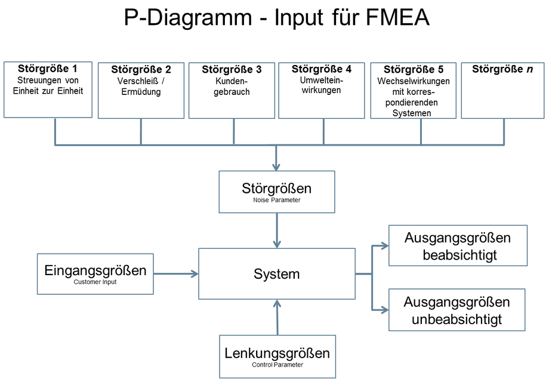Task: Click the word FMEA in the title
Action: [x=397, y=17]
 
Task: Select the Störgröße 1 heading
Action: [x=48, y=68]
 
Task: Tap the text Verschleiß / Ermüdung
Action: [x=141, y=86]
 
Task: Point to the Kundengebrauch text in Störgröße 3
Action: [x=232, y=86]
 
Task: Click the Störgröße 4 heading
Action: [x=322, y=69]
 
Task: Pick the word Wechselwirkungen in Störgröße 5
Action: [x=413, y=81]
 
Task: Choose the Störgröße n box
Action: [x=503, y=90]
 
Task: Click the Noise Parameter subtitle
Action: [x=277, y=200]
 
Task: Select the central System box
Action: [x=277, y=274]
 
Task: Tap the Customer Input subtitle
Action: [x=95, y=282]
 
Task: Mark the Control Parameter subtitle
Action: [x=277, y=365]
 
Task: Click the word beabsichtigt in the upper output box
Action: [x=459, y=255]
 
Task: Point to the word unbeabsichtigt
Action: [x=457, y=319]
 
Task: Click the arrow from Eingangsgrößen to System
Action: [x=176, y=274]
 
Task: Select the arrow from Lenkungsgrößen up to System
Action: [x=277, y=317]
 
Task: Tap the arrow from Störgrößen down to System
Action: [x=277, y=230]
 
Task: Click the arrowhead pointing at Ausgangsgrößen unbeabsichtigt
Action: [x=384, y=310]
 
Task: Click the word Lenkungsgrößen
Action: [x=277, y=353]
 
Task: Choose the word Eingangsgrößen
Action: [x=95, y=270]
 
